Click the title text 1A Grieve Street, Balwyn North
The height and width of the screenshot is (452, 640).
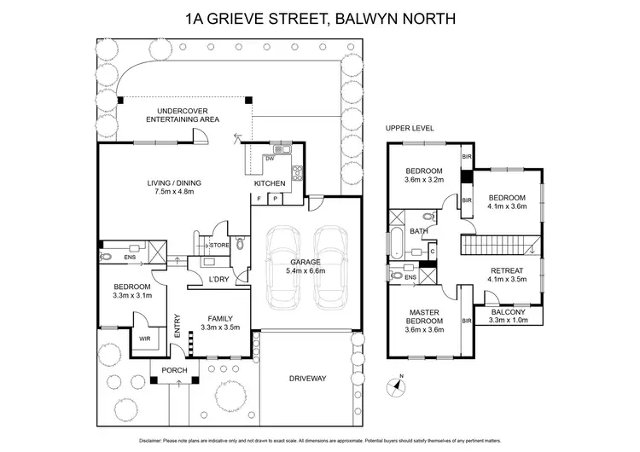point(320,18)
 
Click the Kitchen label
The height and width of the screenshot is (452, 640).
point(271,183)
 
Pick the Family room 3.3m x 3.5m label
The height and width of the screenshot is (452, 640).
point(219,321)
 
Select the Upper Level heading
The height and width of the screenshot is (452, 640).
point(410,128)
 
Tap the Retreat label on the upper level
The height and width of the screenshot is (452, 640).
point(507,275)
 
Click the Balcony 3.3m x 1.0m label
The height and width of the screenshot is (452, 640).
point(509,316)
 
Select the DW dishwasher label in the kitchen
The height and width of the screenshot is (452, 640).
point(270,159)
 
